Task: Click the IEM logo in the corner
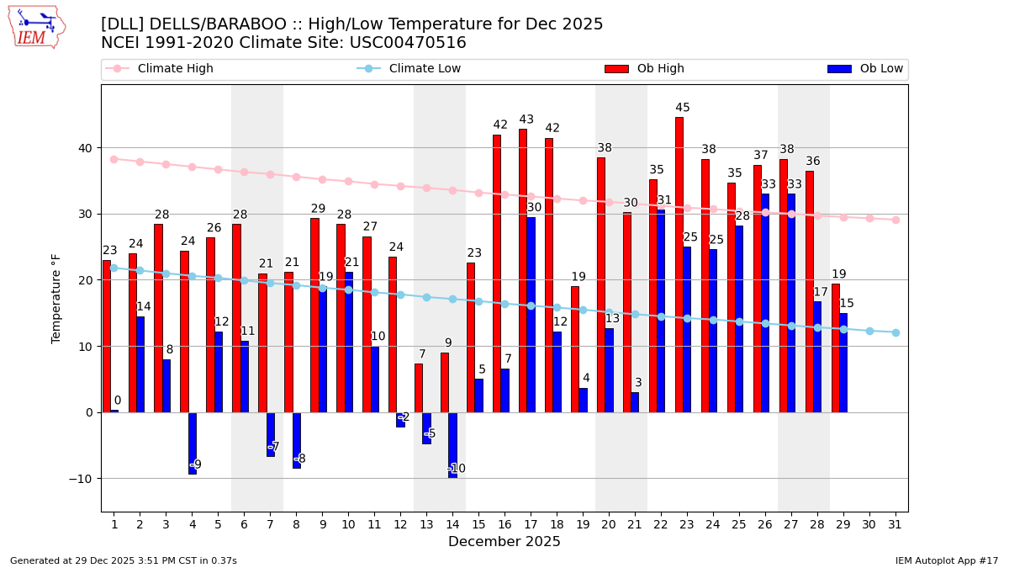[36, 27]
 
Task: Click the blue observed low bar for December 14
[452, 445]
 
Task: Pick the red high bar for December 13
[419, 388]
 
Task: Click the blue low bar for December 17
[531, 315]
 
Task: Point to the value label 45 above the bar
[683, 108]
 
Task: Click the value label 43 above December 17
[526, 119]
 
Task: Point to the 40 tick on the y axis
[85, 148]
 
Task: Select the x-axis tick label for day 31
[895, 524]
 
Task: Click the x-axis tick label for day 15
[478, 524]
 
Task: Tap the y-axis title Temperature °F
[56, 299]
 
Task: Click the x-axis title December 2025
[504, 542]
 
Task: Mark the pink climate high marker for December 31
[895, 220]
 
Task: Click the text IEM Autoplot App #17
[946, 560]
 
